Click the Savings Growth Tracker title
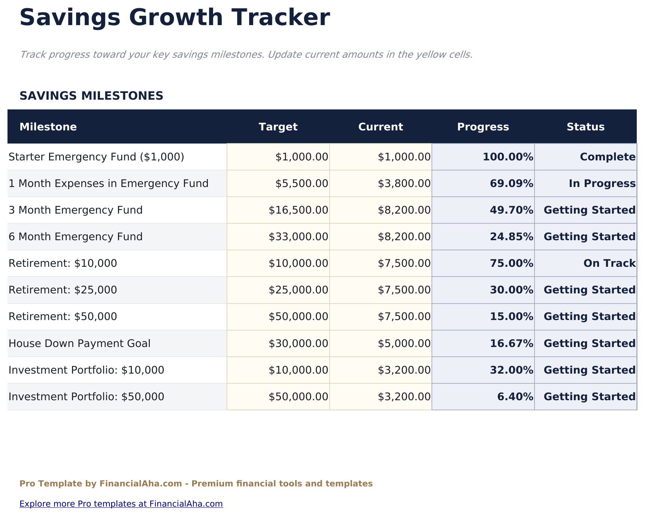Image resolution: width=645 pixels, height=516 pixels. (x=175, y=18)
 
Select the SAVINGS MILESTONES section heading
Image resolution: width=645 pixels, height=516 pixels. (x=91, y=96)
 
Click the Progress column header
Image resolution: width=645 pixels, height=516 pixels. (x=483, y=127)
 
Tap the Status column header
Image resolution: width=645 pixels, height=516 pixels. (x=585, y=127)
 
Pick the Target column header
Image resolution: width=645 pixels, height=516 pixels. (x=278, y=127)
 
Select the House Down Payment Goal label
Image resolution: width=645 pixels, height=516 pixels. (x=79, y=343)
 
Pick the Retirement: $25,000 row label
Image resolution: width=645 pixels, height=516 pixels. (x=63, y=290)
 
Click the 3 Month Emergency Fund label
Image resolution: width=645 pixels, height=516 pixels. (x=75, y=210)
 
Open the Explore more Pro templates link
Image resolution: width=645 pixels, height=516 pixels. (x=121, y=504)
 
